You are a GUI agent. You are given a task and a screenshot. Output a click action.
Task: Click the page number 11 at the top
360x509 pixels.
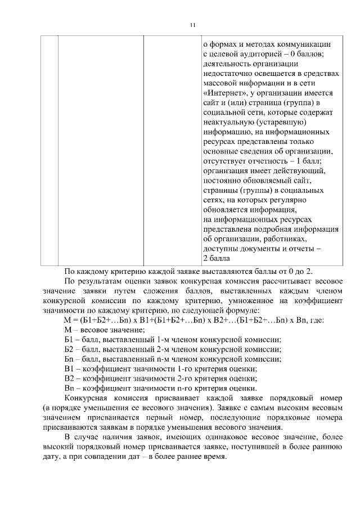tap(193, 25)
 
